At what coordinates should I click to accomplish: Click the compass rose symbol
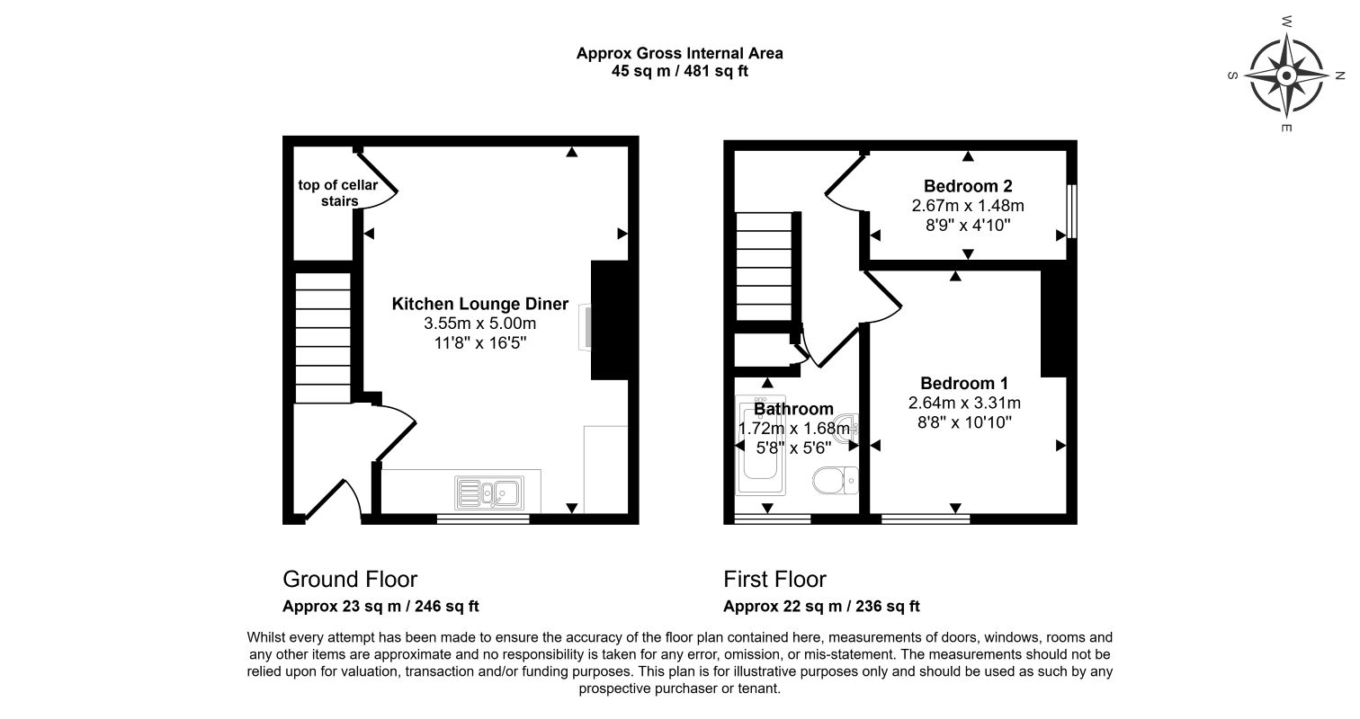coord(1286,75)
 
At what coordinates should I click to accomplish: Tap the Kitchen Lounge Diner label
coord(479,304)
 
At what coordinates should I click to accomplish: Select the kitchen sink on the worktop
coord(489,493)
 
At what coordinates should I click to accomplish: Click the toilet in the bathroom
coord(836,481)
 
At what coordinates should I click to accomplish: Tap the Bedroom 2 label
coord(968,186)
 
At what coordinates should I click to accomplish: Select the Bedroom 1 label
coord(964,383)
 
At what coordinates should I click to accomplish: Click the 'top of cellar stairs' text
coord(338,193)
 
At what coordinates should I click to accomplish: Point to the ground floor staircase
coord(323,337)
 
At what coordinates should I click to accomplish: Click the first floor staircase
coord(765,266)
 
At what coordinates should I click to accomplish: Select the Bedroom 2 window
coord(1072,211)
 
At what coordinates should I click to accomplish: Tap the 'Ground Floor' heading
coord(350,580)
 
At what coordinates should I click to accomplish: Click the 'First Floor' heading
coord(774,580)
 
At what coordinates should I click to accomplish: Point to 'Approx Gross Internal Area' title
coord(679,53)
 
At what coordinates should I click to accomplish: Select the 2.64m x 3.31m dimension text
coord(964,403)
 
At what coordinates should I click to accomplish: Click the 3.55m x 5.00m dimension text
coord(479,324)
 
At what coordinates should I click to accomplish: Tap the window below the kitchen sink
coord(483,519)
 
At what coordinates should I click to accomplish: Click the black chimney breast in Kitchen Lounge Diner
coord(610,320)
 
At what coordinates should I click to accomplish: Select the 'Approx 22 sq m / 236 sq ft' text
coord(821,606)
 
